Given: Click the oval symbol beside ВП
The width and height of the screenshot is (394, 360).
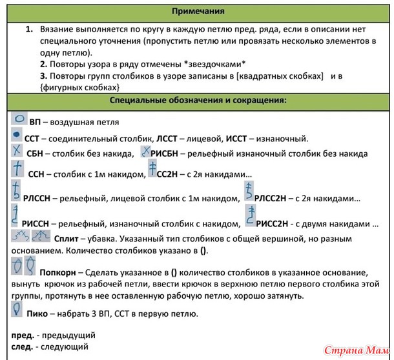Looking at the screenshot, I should pos(19,119).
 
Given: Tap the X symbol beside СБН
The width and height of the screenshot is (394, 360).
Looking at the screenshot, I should pos(17,152).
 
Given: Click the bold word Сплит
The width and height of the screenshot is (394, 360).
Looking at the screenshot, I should pos(67,238).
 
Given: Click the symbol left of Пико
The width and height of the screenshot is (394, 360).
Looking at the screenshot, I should pos(17,310).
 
